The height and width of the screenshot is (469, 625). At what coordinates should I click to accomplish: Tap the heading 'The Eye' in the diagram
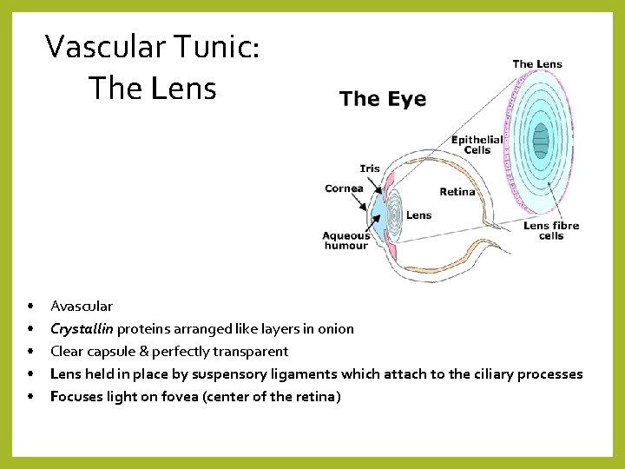coord(383,98)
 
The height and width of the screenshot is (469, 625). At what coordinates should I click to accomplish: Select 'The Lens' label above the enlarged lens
coord(537,63)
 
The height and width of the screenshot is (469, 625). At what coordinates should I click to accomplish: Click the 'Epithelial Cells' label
coord(477,144)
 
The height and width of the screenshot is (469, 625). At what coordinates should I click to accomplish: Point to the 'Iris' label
coord(370,168)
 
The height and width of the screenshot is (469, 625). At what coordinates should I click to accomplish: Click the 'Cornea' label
coord(344,188)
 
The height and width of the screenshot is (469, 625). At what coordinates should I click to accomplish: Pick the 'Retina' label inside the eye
coord(457,191)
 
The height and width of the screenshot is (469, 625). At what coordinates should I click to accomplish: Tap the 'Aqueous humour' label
coord(345,240)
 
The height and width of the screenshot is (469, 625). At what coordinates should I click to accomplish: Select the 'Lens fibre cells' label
coord(550,230)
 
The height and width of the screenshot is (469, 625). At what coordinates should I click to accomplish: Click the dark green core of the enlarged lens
coord(541,140)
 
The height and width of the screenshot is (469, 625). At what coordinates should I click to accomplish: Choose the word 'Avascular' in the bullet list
coord(82,306)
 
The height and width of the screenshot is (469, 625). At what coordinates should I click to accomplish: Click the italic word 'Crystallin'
coord(82,328)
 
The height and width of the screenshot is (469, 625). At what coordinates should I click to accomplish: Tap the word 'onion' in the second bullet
coord(336,328)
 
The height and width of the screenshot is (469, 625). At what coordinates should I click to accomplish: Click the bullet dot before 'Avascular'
coord(30,306)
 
